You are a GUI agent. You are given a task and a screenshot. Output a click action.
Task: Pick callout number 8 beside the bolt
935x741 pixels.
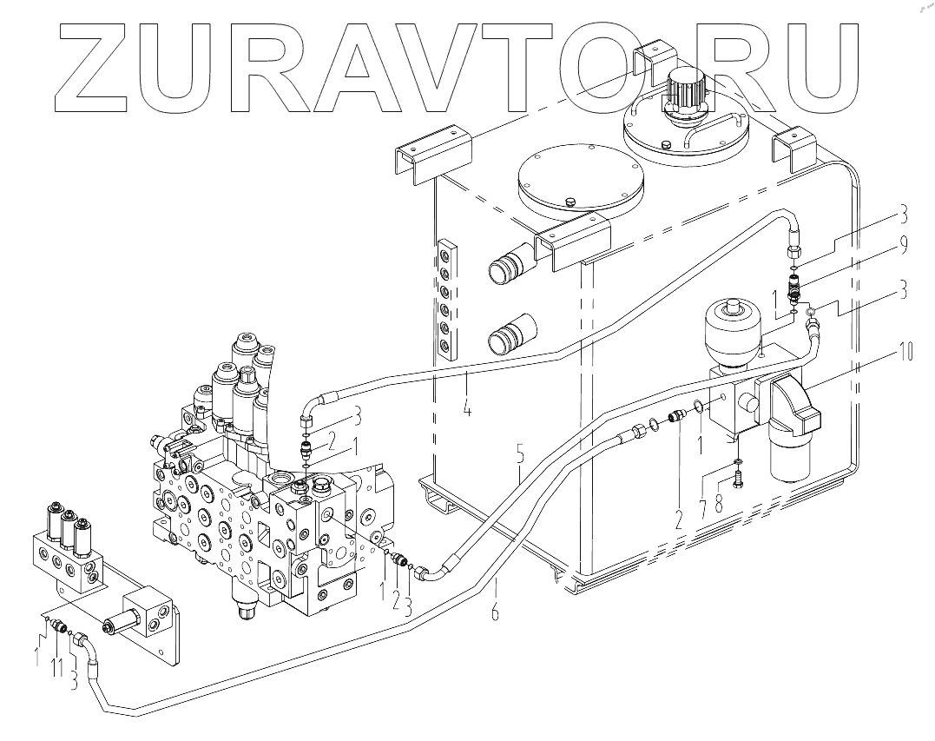pyautogui.click(x=718, y=503)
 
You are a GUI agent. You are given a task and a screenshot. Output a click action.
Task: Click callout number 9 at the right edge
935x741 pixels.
pyautogui.click(x=905, y=248)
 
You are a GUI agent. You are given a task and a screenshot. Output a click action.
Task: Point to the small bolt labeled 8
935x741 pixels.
pyautogui.click(x=736, y=476)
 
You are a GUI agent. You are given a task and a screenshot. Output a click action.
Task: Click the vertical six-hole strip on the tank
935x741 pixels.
pyautogui.click(x=446, y=298)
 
